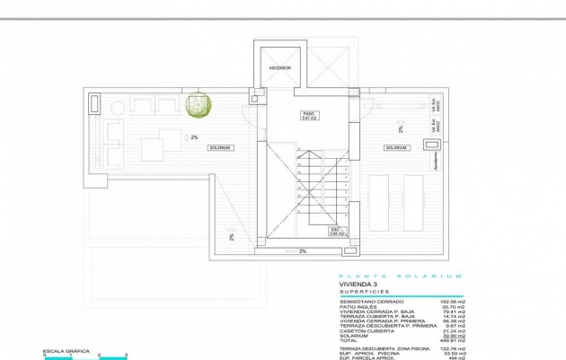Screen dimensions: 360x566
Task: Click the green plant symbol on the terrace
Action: pos(199,105)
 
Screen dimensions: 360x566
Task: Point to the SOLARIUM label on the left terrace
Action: pos(220,147)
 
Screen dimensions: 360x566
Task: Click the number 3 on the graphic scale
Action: pos(127,356)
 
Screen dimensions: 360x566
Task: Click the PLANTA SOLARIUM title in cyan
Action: pos(401,275)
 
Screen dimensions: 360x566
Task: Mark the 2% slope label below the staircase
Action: pos(303,251)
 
